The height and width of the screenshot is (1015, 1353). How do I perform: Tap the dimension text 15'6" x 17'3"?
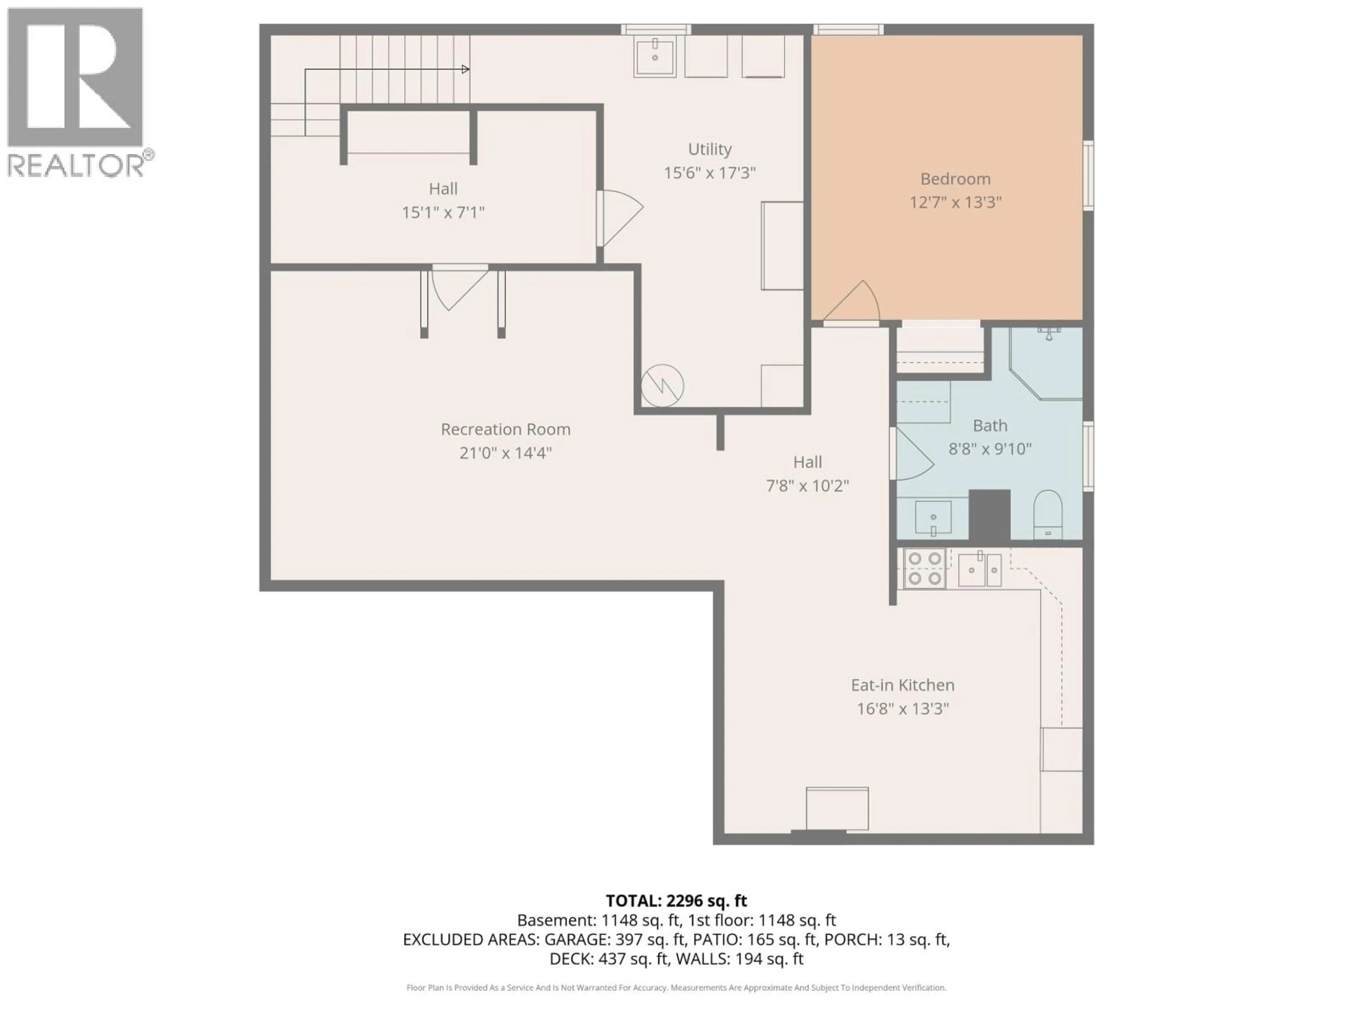(x=710, y=173)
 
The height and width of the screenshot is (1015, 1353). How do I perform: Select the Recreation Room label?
(x=505, y=430)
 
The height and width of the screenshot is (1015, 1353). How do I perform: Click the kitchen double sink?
(x=979, y=569)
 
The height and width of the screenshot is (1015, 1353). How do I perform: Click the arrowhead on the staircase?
(x=465, y=69)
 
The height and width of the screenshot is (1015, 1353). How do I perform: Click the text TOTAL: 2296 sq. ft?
(x=676, y=900)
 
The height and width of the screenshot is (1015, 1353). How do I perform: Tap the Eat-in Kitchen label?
(x=902, y=685)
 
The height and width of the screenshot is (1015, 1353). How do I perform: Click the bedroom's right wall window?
(x=1088, y=176)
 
